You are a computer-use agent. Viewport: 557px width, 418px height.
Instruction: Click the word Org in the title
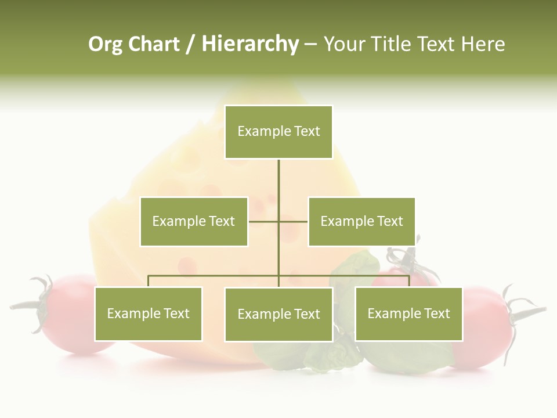(x=105, y=44)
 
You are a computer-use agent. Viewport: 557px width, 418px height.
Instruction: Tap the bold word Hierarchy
(x=250, y=44)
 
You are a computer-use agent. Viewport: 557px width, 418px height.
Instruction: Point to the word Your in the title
(x=345, y=44)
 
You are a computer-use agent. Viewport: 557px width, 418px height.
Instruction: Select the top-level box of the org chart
(x=278, y=132)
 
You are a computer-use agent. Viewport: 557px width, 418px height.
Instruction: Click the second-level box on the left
(x=194, y=221)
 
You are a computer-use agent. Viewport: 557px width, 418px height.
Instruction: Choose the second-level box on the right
(x=361, y=221)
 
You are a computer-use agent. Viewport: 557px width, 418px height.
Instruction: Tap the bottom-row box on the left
(x=149, y=314)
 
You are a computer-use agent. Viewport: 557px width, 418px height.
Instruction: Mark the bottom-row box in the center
(x=278, y=314)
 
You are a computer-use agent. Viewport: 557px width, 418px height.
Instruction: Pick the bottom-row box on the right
(x=408, y=314)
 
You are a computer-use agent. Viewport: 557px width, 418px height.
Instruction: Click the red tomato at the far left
(x=70, y=313)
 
